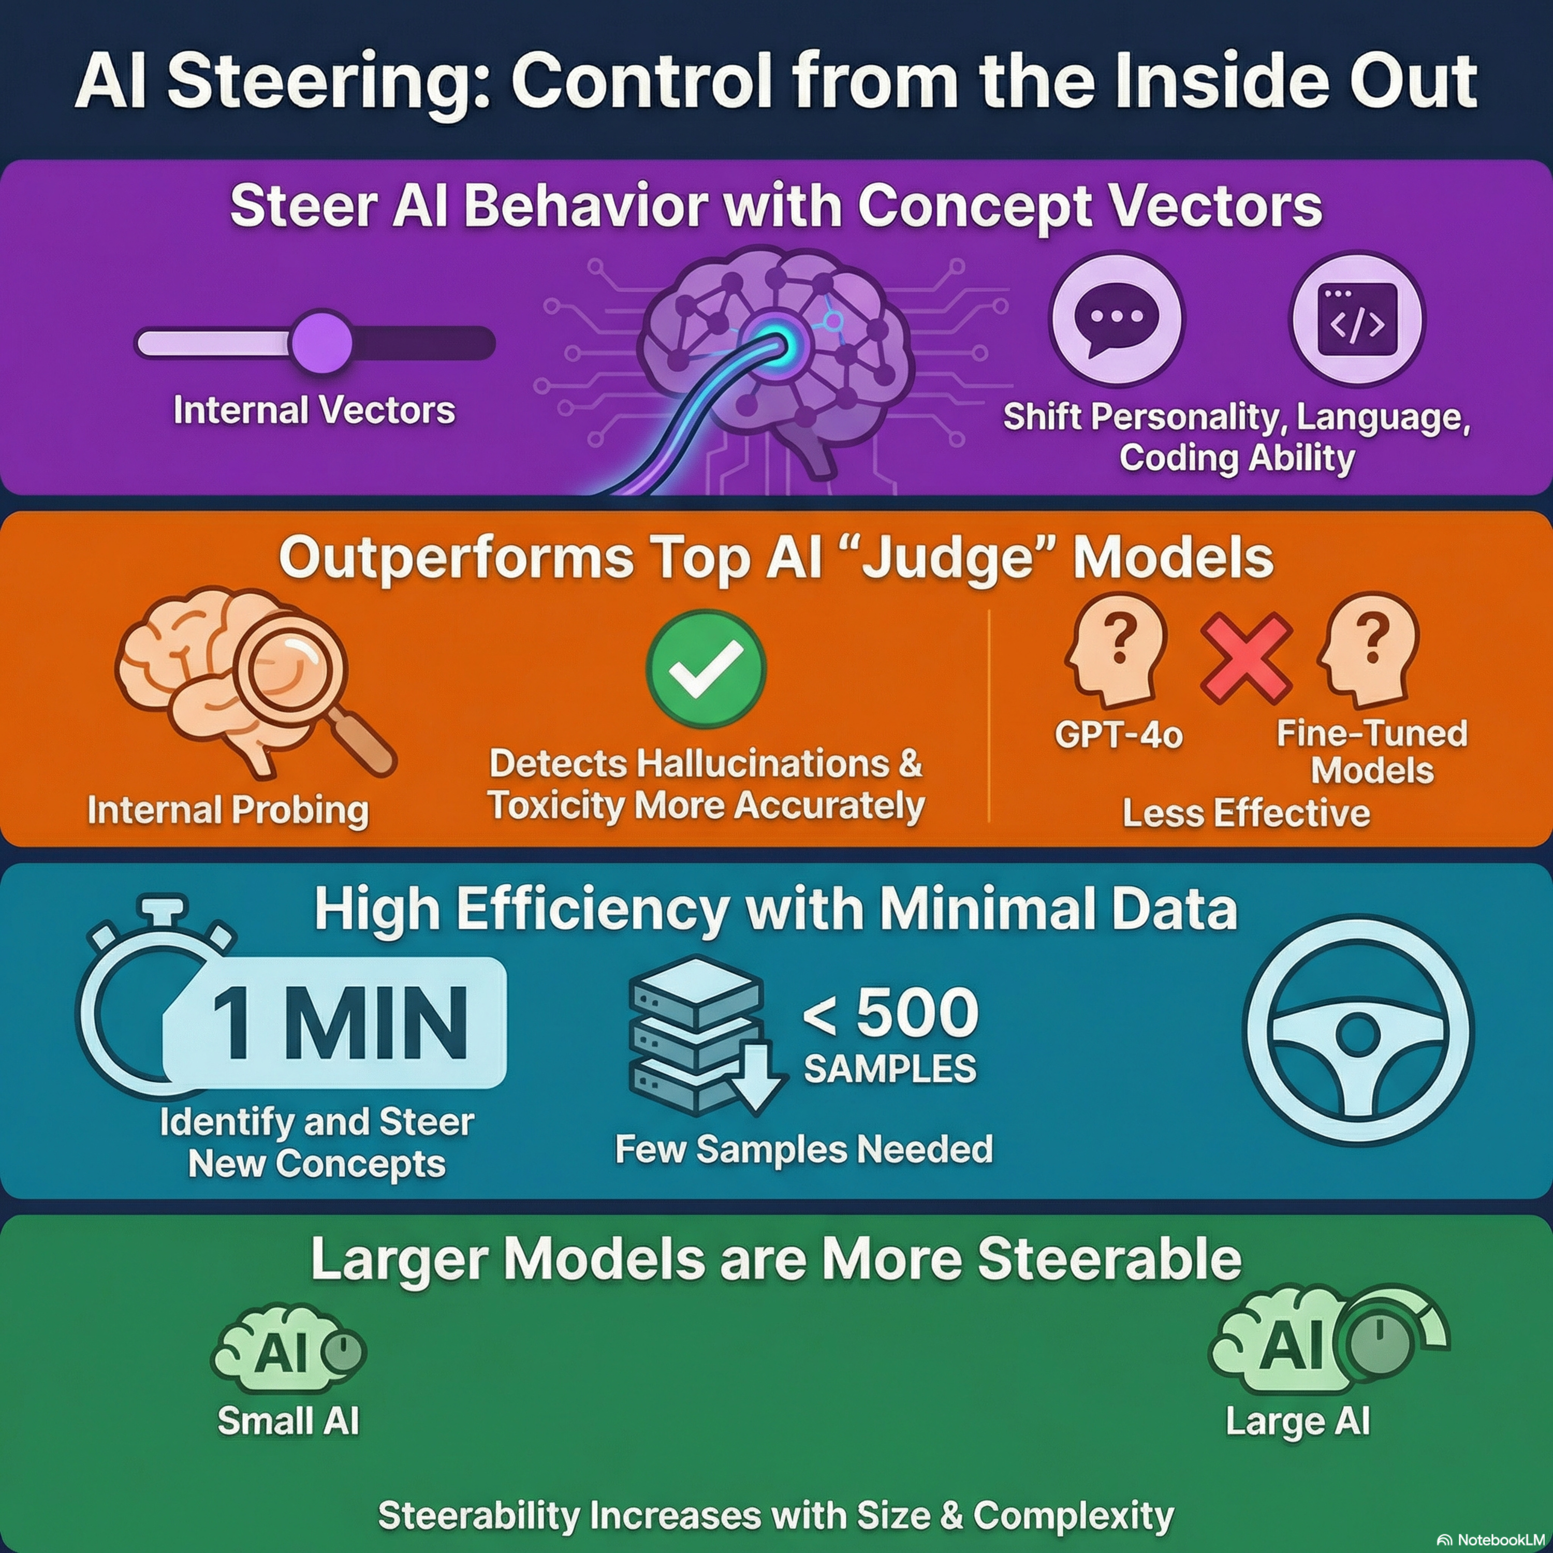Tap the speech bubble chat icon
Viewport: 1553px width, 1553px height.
[1117, 318]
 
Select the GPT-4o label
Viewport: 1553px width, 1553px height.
[1119, 734]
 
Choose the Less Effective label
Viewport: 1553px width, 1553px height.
[1246, 813]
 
